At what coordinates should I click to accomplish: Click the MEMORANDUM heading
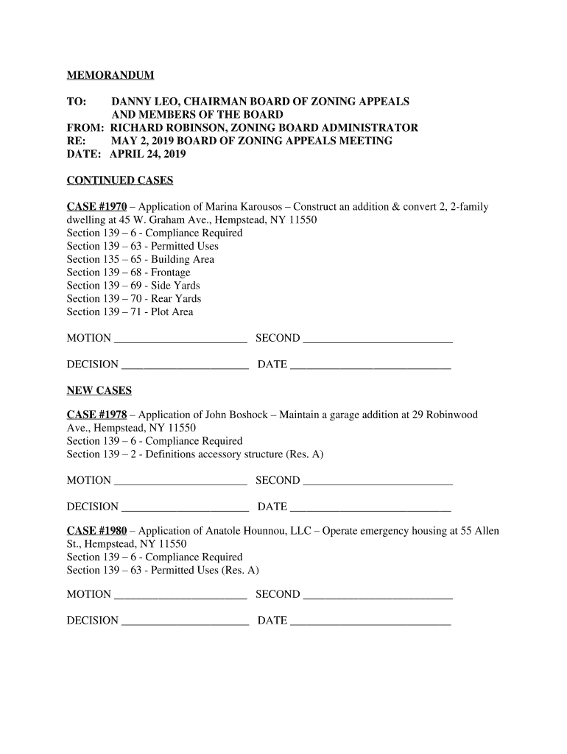[110, 75]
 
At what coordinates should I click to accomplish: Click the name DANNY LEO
[141, 102]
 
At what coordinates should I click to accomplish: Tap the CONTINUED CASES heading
[120, 180]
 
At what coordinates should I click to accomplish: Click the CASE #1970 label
[96, 207]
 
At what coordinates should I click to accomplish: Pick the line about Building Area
[141, 259]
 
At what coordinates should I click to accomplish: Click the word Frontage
[170, 272]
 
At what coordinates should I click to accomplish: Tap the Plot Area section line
[130, 312]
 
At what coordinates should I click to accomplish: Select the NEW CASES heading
[99, 390]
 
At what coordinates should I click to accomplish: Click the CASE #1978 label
[96, 415]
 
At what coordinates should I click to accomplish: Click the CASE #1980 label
[96, 531]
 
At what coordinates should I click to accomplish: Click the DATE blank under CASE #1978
[370, 507]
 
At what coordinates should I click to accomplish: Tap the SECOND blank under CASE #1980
[378, 596]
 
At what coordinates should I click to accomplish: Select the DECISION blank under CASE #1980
[185, 621]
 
